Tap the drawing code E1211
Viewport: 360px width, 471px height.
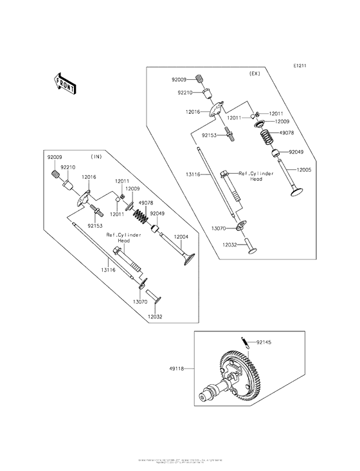coord(301,66)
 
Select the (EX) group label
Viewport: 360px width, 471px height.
coord(255,75)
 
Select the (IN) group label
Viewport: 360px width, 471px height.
coord(97,156)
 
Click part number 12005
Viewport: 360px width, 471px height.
coord(305,171)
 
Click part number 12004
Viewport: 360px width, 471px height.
coord(181,237)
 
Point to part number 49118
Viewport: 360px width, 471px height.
coord(175,369)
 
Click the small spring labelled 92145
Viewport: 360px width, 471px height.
coord(245,342)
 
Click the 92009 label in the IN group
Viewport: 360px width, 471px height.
coord(55,158)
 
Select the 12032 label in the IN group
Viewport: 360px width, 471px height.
coord(155,317)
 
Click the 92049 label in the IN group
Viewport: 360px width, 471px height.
coord(158,213)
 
